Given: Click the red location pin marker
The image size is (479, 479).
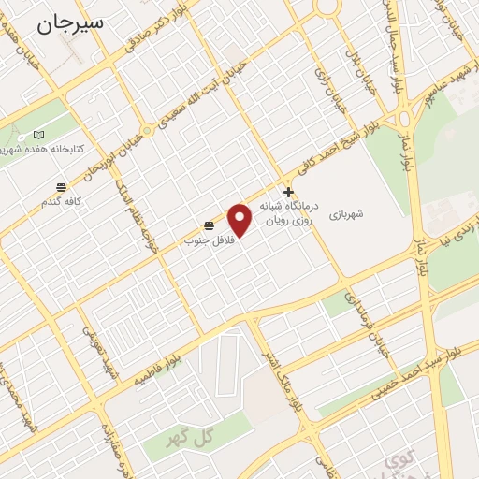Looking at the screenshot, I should click(240, 219).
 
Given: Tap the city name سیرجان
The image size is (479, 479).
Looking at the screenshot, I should click(71, 23).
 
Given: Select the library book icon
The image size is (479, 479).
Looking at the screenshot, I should click(38, 135).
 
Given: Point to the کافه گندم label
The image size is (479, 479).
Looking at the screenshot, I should click(61, 201).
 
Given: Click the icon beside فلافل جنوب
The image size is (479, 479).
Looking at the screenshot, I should click(209, 225).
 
